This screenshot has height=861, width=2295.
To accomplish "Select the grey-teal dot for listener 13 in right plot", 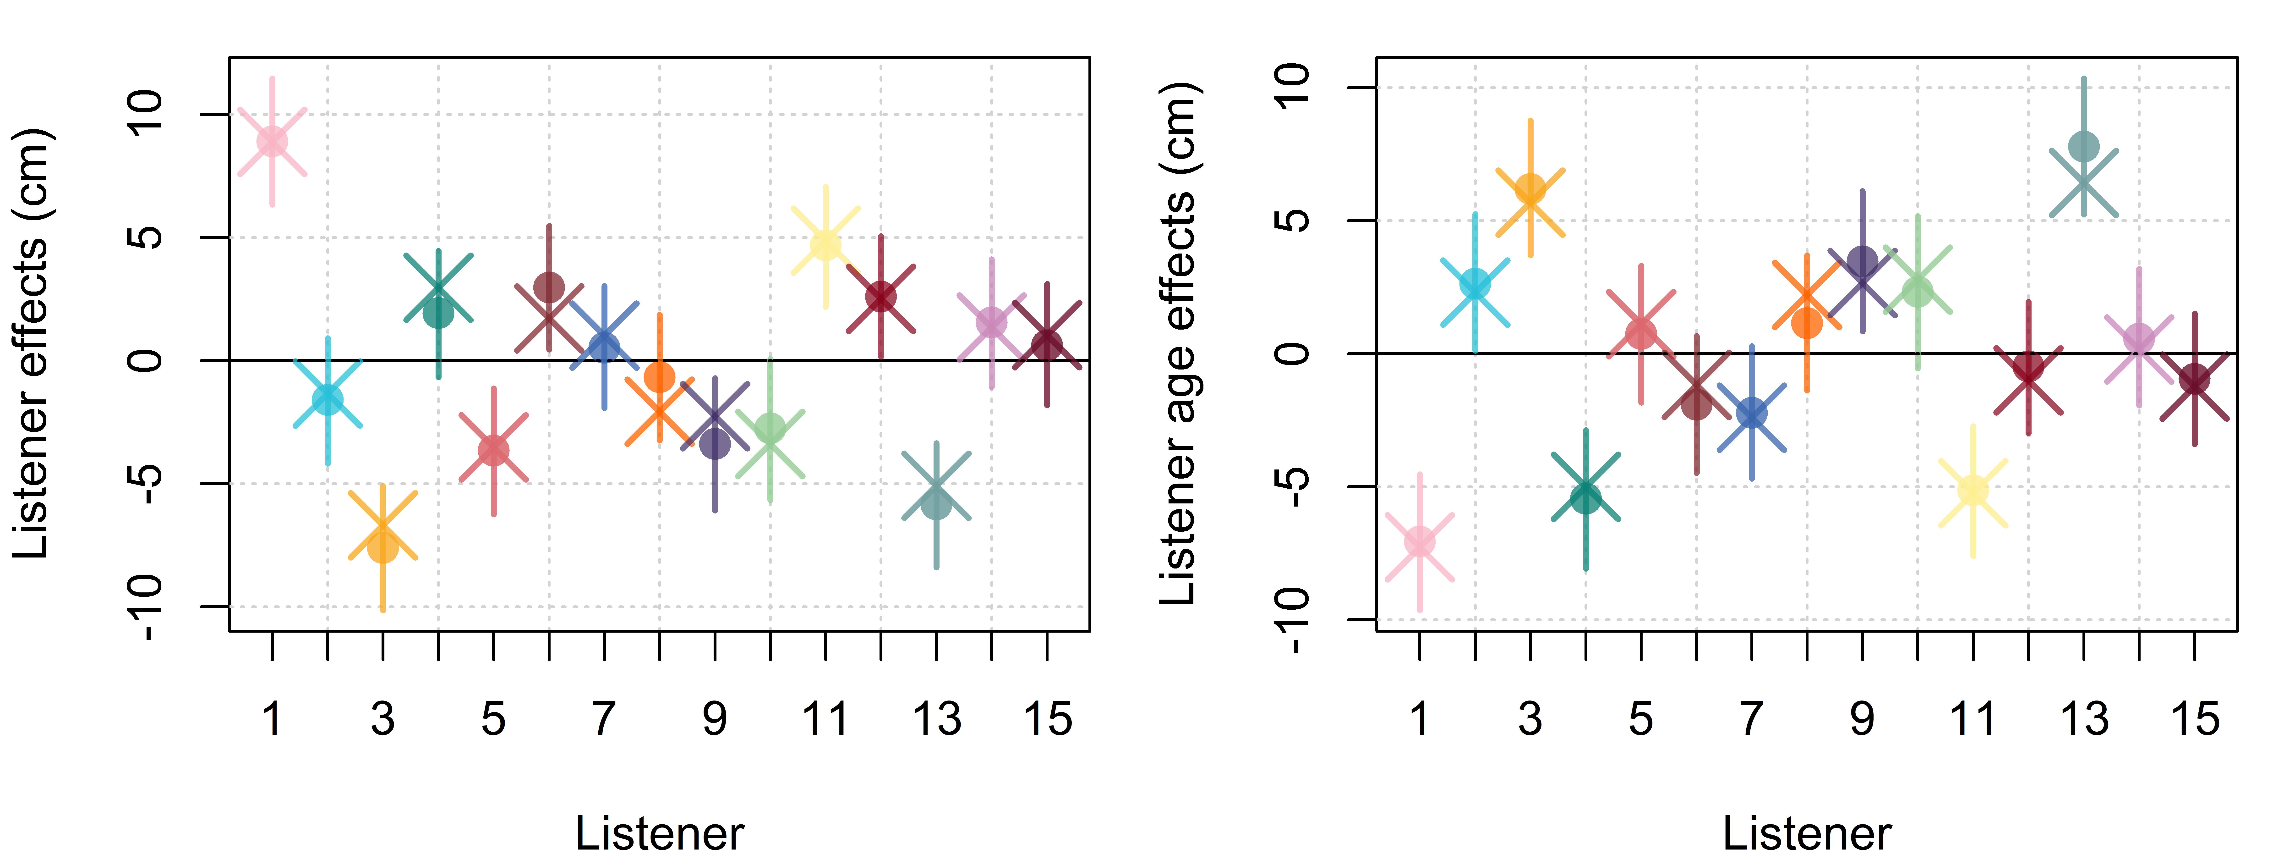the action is click(x=2084, y=146).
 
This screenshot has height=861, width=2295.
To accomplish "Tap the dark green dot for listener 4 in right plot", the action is click(x=1586, y=498).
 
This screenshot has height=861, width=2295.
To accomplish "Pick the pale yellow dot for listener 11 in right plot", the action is click(x=1973, y=490).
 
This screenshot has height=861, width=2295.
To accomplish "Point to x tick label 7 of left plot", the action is click(x=604, y=718).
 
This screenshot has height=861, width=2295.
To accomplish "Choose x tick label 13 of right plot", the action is click(x=2084, y=718).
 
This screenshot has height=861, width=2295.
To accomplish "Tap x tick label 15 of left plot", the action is click(x=1047, y=718).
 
